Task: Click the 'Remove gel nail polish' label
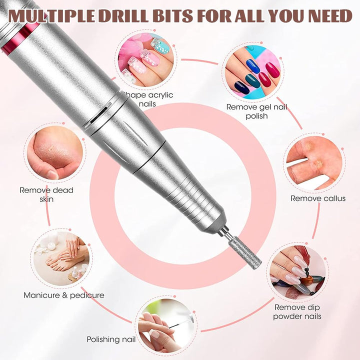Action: (256, 111)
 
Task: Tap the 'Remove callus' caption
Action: (318, 198)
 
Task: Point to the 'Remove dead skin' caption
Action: (46, 194)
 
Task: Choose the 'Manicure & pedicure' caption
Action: (64, 295)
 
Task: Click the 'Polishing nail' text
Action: (111, 339)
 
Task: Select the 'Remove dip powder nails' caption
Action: (297, 311)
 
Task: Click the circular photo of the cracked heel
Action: (55, 152)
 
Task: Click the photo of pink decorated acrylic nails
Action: (146, 59)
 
